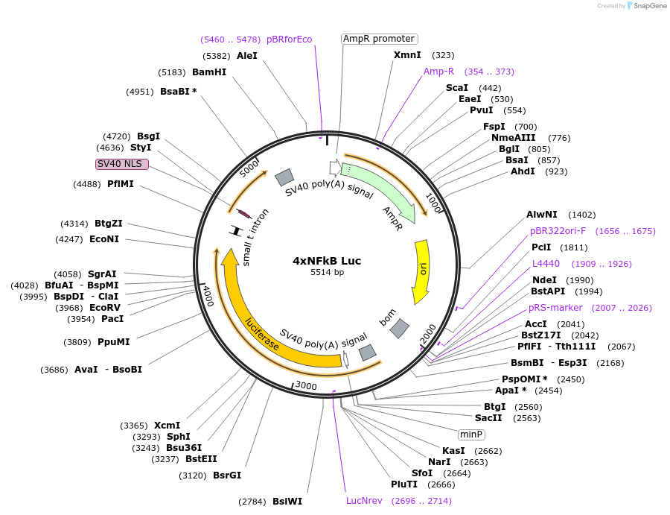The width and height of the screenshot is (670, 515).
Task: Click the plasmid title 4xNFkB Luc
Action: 327,261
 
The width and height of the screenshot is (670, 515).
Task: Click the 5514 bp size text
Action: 327,273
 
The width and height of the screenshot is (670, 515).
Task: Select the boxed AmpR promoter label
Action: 379,39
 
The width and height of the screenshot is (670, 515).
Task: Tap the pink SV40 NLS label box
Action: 122,164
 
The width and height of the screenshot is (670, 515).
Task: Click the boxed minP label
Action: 471,434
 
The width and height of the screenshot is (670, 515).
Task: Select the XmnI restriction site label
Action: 407,55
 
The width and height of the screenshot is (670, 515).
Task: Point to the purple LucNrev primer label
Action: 364,501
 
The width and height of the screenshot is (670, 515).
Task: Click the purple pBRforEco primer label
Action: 289,40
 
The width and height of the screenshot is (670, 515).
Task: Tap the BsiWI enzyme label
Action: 287,502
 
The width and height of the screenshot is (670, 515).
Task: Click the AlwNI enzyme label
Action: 541,215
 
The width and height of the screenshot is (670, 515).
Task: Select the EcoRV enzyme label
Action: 105,308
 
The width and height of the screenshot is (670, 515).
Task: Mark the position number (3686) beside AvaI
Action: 54,369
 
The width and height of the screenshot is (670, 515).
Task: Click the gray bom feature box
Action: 401,327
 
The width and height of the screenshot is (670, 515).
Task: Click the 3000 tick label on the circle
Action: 306,385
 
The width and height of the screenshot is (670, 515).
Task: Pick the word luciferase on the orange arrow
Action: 262,333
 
